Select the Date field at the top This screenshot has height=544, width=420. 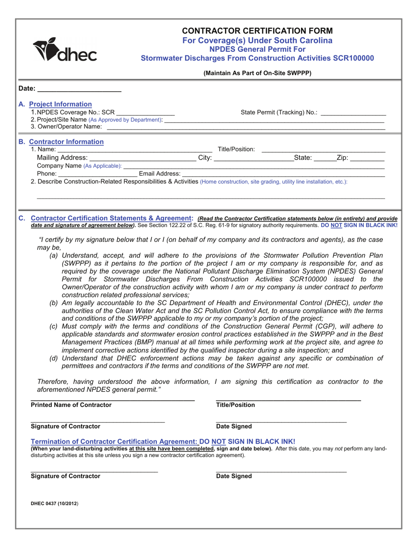pos(79,88)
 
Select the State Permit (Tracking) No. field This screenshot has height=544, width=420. pos(353,112)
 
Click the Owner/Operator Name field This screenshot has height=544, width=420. pos(245,127)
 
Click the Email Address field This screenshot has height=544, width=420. pos(283,173)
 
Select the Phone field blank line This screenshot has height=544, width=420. pos(98,173)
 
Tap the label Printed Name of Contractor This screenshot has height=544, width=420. pos(71,405)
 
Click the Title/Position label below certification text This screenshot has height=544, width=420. pos(235,405)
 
